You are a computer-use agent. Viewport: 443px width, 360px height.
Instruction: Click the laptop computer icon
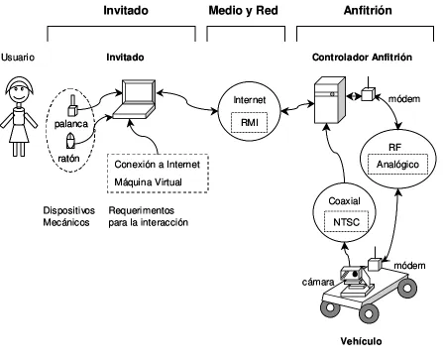point(135,99)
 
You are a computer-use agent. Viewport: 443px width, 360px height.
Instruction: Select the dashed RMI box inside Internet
point(249,123)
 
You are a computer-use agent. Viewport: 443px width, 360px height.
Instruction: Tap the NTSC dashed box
point(346,222)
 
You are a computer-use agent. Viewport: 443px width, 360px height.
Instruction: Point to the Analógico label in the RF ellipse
point(397,165)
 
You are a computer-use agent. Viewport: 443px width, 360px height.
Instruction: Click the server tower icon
point(330,100)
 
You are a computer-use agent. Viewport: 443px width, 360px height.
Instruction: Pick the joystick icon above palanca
point(72,105)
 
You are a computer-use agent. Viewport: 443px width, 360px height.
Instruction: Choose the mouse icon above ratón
point(70,141)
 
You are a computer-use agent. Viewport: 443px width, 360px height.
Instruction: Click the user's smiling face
point(19,91)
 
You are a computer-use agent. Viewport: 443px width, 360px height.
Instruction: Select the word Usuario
point(18,58)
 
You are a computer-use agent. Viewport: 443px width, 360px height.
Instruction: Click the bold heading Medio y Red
point(243,11)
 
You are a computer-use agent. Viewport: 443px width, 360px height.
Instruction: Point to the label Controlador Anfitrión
point(362,58)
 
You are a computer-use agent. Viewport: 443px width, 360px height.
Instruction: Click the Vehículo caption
point(361,341)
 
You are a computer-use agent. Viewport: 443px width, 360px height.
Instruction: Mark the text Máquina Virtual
point(148,182)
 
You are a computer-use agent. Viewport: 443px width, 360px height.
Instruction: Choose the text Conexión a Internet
point(158,165)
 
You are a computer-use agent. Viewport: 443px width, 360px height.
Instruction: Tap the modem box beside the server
point(368,93)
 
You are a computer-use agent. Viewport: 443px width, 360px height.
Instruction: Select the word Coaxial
point(344,201)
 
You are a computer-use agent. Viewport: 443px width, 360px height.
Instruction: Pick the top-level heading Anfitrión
point(368,11)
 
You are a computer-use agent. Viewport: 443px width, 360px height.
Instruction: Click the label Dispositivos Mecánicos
point(69,216)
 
